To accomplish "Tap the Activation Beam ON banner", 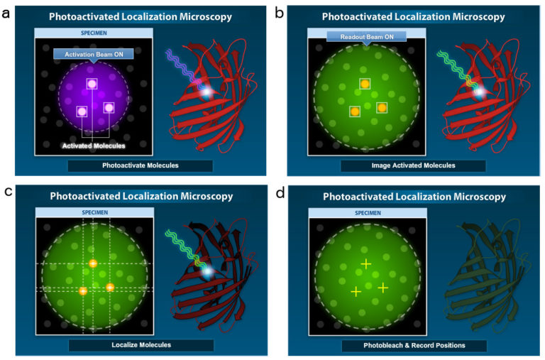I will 92,53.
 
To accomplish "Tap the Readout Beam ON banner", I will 365,35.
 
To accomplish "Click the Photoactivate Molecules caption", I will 140,165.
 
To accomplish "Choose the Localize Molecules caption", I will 141,345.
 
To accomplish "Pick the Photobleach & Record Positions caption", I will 413,346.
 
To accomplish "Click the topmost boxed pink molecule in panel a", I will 92,84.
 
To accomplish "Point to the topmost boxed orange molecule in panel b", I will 365,84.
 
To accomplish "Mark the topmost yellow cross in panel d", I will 365,264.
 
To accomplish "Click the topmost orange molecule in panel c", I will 92,264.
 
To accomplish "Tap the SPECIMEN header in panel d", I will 365,212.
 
